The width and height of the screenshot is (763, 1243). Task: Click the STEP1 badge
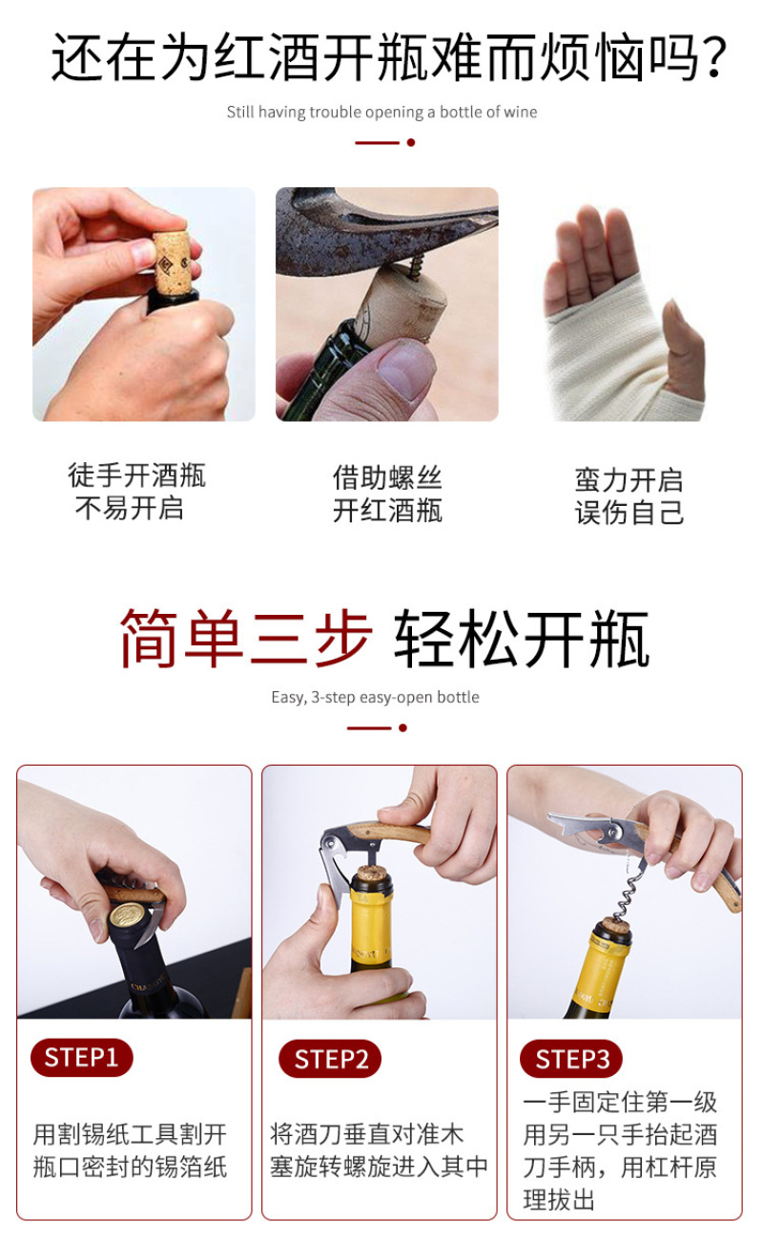pyautogui.click(x=81, y=1058)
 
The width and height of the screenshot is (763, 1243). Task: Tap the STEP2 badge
pyautogui.click(x=330, y=1059)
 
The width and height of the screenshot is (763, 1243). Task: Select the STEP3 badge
pyautogui.click(x=571, y=1059)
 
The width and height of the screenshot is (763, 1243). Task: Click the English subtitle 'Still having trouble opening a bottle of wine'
pyautogui.click(x=381, y=112)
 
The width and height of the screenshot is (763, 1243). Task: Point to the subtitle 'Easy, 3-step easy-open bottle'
pyautogui.click(x=376, y=697)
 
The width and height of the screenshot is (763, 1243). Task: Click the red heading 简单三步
pyautogui.click(x=246, y=638)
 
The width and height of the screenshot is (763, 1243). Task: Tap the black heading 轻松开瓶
pyautogui.click(x=522, y=638)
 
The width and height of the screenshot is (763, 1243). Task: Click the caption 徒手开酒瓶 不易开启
pyautogui.click(x=135, y=492)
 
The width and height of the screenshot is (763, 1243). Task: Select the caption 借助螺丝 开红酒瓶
pyautogui.click(x=387, y=494)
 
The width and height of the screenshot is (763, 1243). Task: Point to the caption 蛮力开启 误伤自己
pyautogui.click(x=629, y=496)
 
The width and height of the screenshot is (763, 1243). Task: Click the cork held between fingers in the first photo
pyautogui.click(x=171, y=262)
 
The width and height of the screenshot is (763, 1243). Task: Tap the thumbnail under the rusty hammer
pyautogui.click(x=403, y=370)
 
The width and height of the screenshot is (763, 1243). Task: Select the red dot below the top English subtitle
pyautogui.click(x=411, y=142)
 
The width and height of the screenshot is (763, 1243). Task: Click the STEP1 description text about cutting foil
pyautogui.click(x=130, y=1150)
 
